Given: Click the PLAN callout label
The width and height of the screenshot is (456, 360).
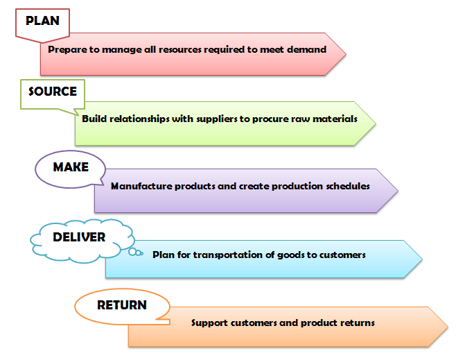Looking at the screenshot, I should click(42, 21).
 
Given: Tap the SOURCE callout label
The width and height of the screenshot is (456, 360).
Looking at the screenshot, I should click(53, 92).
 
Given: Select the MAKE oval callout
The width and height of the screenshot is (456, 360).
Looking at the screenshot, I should click(71, 167).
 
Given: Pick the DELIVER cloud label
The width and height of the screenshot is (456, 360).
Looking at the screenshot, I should click(79, 238).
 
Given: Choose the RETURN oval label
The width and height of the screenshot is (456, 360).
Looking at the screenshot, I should click(122, 305).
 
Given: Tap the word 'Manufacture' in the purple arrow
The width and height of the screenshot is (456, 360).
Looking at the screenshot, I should click(139, 186).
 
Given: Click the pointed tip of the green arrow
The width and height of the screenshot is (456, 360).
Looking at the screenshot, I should click(376, 123).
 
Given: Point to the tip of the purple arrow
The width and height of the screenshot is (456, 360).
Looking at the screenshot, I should click(398, 190).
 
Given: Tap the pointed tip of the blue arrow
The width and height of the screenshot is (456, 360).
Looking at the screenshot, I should click(421, 259).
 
